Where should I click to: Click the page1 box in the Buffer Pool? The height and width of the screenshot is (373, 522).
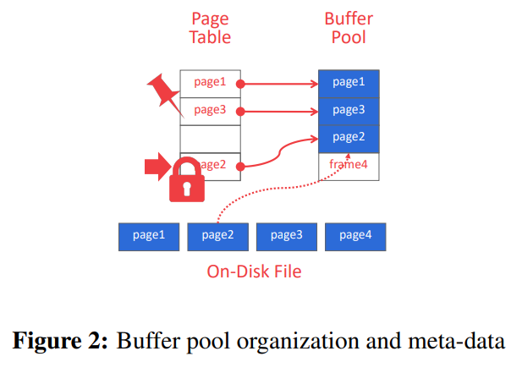[x=349, y=83]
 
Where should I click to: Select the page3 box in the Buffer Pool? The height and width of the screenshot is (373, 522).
[x=349, y=111]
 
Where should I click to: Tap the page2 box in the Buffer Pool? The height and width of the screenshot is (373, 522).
[x=349, y=138]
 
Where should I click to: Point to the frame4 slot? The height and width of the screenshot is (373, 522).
[x=349, y=166]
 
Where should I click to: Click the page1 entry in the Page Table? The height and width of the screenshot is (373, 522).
[x=210, y=83]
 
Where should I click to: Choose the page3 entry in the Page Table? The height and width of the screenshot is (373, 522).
[x=210, y=111]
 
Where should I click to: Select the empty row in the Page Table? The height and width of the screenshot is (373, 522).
[x=210, y=138]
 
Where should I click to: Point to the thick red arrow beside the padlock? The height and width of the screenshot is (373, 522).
[x=158, y=167]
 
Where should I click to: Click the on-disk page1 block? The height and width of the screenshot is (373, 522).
[x=148, y=236]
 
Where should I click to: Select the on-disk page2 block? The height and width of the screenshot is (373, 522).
[x=217, y=236]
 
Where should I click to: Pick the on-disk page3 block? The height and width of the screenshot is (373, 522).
[x=286, y=236]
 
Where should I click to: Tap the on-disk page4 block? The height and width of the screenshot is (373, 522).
[x=355, y=236]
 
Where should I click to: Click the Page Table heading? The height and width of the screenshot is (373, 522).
[x=210, y=28]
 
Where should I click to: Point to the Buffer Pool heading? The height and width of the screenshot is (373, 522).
[x=349, y=28]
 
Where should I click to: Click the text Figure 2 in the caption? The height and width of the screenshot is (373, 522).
[x=59, y=341]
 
